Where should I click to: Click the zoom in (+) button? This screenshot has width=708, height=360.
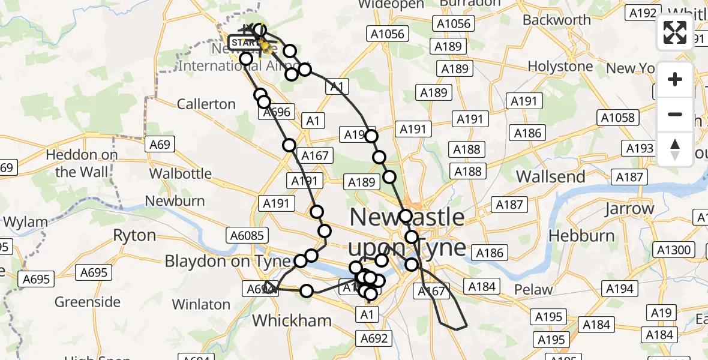click(x=675, y=79)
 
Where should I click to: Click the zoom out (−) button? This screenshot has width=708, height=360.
click(x=675, y=114)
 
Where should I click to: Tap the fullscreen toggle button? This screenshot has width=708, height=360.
click(x=675, y=32)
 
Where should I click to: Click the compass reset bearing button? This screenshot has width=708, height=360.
click(x=675, y=149)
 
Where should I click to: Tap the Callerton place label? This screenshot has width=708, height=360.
click(x=206, y=104)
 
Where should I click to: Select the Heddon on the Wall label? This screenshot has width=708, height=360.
click(x=82, y=163)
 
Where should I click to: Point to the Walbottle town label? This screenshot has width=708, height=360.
click(x=181, y=174)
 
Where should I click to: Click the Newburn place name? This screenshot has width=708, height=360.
click(x=175, y=201)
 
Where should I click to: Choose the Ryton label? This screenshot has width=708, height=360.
click(x=134, y=235)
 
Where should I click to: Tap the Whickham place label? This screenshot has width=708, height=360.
click(x=292, y=320)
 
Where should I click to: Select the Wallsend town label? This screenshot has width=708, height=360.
click(x=551, y=177)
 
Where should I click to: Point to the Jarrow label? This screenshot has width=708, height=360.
click(x=629, y=209)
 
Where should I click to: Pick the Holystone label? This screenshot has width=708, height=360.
click(x=561, y=66)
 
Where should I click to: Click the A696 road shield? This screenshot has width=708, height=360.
click(x=277, y=112)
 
